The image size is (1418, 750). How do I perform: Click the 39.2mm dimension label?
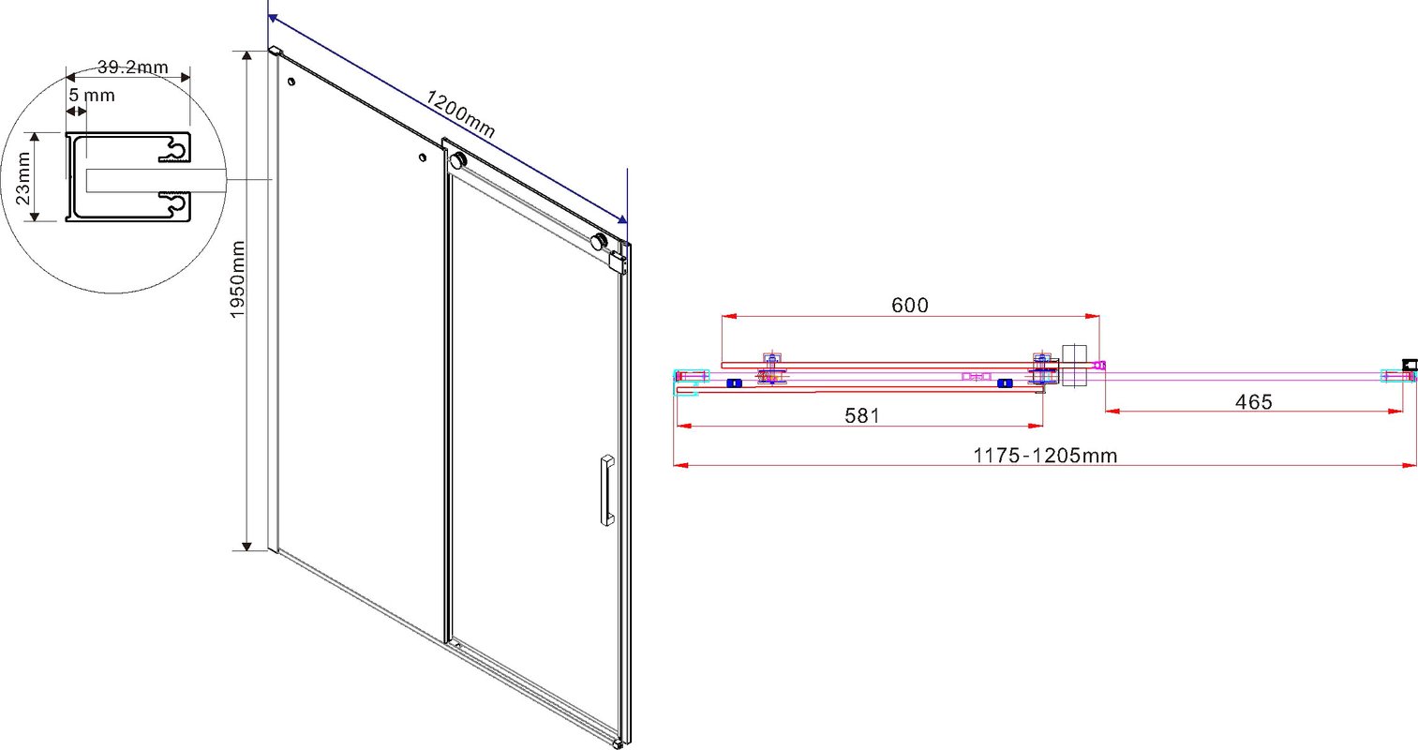(x=132, y=67)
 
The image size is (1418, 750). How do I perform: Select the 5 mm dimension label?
(x=92, y=95)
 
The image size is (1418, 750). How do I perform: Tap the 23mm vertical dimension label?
(x=22, y=178)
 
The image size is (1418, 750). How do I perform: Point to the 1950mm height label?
(x=237, y=278)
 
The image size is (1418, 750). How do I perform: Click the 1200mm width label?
(x=459, y=113)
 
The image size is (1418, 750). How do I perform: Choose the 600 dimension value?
(x=910, y=306)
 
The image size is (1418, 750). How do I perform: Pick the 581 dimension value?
(x=862, y=415)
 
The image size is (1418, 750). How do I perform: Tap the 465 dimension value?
(x=1253, y=401)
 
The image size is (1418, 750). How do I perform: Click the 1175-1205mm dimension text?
(x=1044, y=456)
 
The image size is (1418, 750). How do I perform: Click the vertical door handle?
(x=607, y=489)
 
